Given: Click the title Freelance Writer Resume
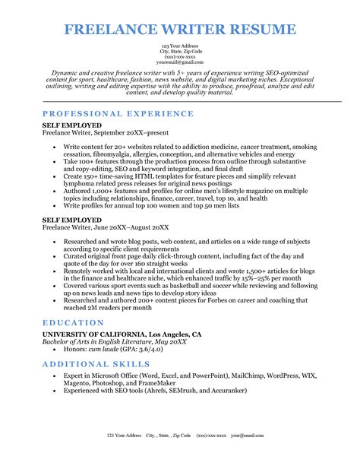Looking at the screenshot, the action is click(180, 30).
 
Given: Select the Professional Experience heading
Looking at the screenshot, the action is click(118, 113).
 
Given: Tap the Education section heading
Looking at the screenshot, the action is click(74, 323).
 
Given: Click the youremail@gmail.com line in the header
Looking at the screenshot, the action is click(180, 62).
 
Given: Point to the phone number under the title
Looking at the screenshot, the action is click(180, 56).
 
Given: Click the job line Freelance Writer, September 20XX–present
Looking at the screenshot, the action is click(106, 132).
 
